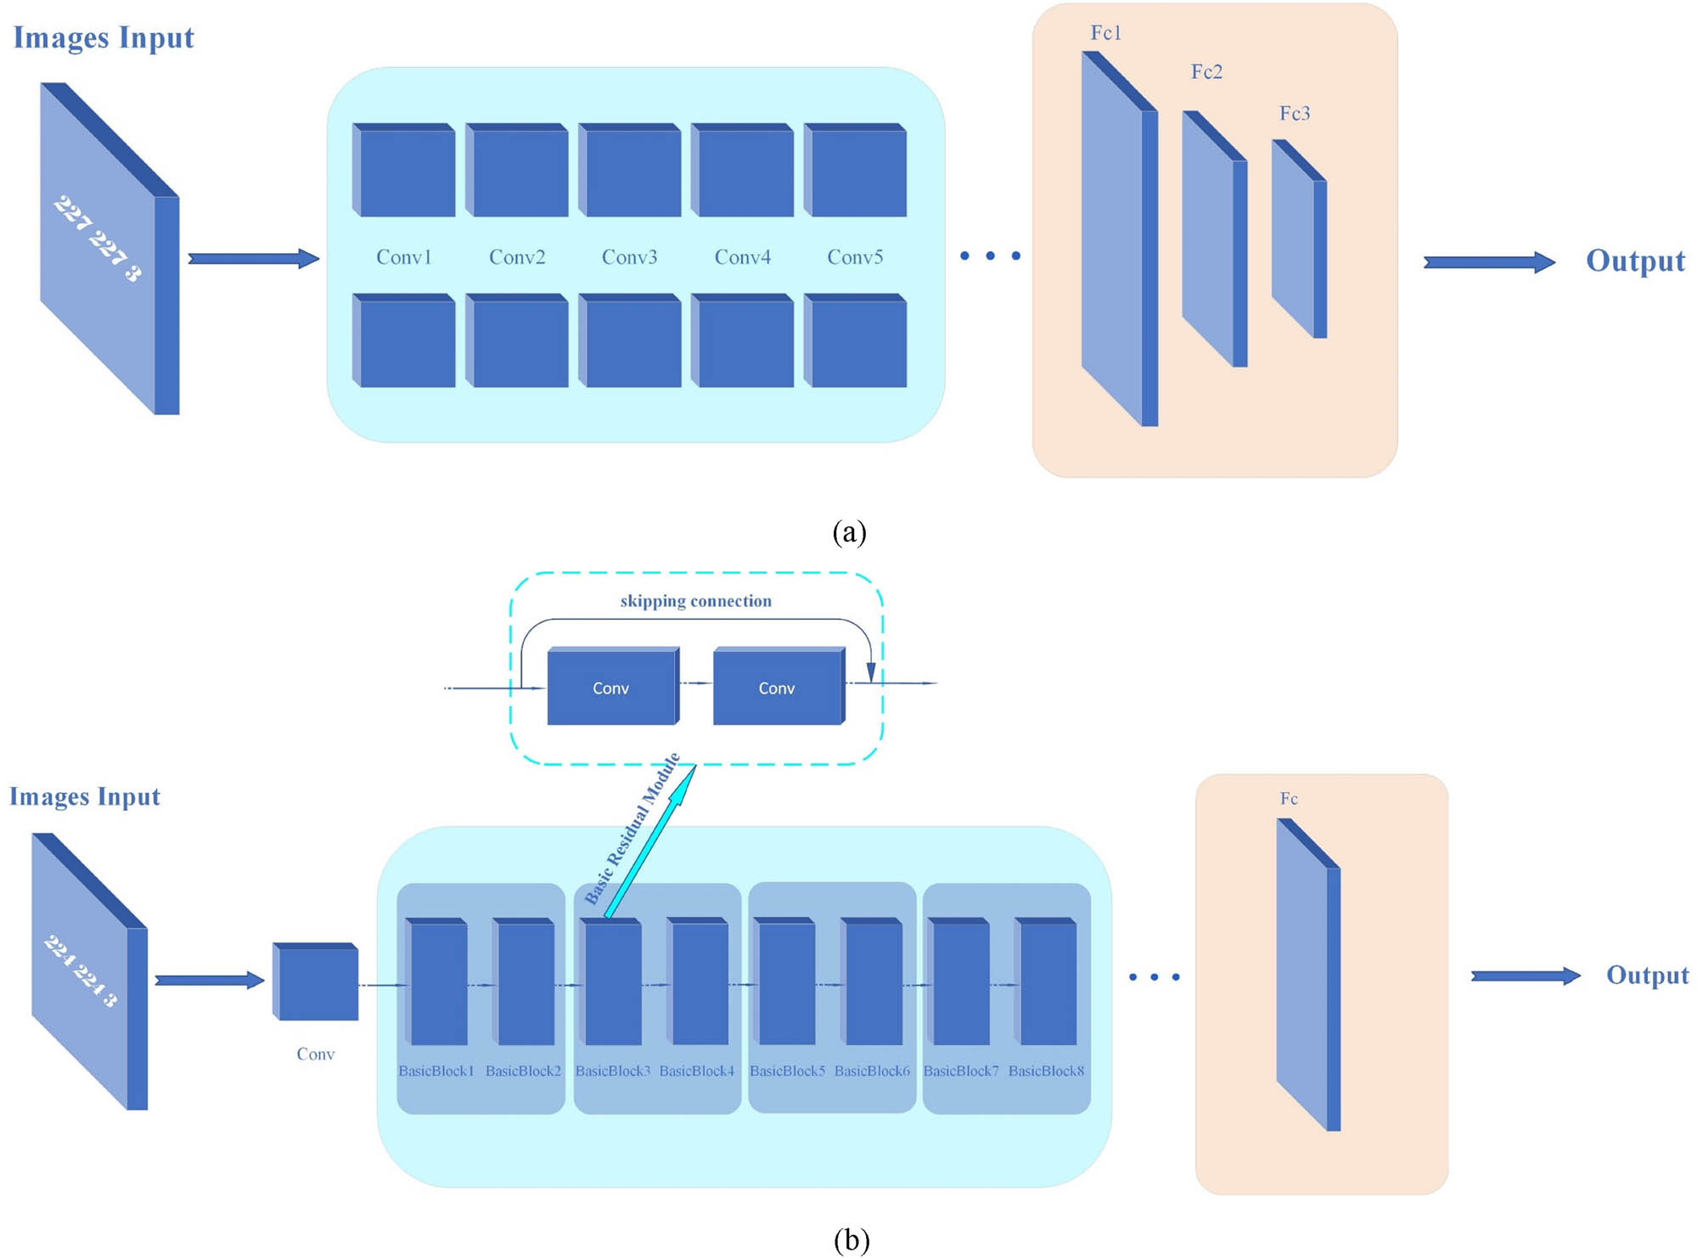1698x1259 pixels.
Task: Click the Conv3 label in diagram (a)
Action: (x=629, y=257)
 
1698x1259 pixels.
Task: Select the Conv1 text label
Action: (x=404, y=257)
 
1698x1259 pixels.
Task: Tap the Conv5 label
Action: (x=855, y=257)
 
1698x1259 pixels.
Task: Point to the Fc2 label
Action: (x=1206, y=72)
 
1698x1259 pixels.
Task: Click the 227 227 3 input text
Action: (x=98, y=239)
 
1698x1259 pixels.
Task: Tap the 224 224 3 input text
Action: (x=81, y=970)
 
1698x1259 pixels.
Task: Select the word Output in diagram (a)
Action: (x=1635, y=261)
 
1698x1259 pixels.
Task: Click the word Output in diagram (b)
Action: (x=1647, y=975)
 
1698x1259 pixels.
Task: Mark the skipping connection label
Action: (x=695, y=601)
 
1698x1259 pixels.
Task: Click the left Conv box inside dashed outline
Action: (x=611, y=688)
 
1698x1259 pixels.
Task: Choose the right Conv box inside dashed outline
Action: (x=777, y=688)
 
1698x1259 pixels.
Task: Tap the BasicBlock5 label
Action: (x=787, y=1071)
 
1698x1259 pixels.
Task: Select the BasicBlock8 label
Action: (x=1046, y=1071)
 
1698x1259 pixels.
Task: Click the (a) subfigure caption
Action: (x=849, y=532)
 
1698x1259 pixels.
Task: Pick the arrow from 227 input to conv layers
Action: (x=253, y=258)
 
